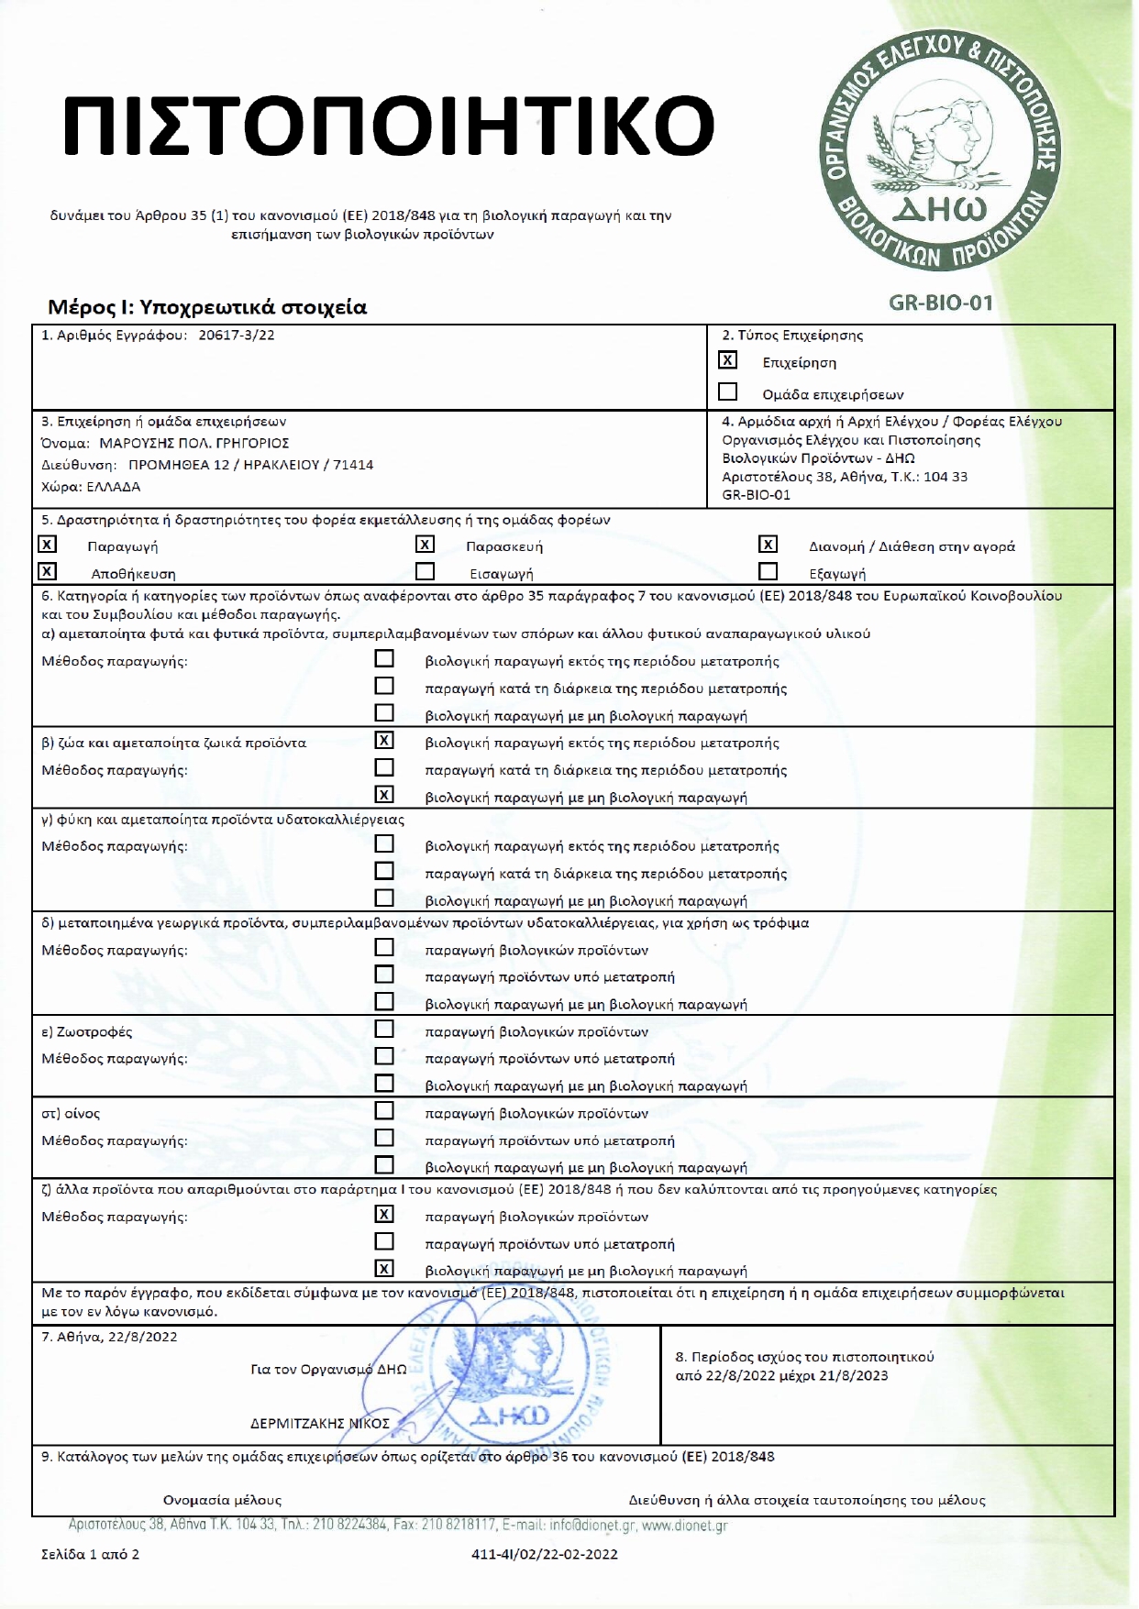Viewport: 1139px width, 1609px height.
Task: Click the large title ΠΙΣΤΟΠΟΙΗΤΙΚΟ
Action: tap(389, 125)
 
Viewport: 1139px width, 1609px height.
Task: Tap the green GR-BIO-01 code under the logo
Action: tap(941, 303)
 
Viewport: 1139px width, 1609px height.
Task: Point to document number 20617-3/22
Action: tap(237, 336)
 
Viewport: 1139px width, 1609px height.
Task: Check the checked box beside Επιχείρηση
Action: tap(727, 361)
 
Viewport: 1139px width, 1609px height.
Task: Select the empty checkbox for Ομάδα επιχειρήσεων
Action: tap(727, 392)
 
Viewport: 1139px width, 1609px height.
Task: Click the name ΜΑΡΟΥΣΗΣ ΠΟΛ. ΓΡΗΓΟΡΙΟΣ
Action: tap(194, 443)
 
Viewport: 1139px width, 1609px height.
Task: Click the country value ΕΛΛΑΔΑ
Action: tap(114, 487)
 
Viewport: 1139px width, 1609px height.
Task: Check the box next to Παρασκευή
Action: tap(425, 546)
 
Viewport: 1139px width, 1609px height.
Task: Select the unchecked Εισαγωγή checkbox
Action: tap(425, 572)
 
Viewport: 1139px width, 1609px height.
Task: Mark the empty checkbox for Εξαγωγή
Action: tap(769, 572)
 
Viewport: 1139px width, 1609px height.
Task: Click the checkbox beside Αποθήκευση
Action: tap(47, 572)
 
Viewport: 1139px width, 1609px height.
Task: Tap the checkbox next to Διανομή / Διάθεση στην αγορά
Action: tap(769, 546)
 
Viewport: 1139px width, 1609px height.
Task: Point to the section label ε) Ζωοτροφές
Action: tap(87, 1032)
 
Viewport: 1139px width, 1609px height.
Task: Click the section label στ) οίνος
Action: tap(71, 1114)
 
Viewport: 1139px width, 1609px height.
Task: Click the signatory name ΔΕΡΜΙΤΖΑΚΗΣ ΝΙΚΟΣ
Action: tap(320, 1424)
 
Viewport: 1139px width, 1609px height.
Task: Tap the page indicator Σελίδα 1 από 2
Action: tap(91, 1554)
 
